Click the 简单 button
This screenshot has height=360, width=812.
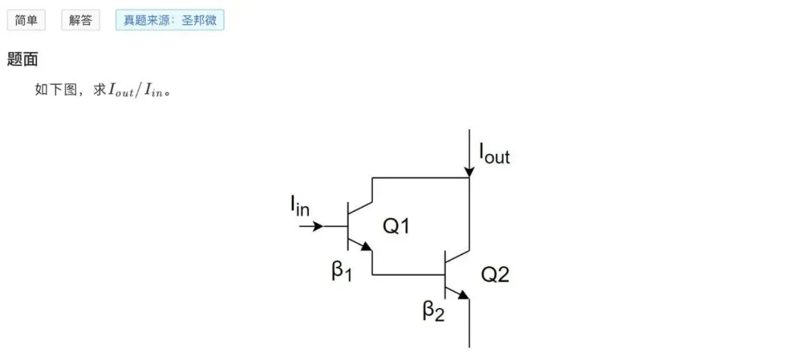pyautogui.click(x=26, y=20)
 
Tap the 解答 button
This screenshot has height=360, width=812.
pyautogui.click(x=80, y=20)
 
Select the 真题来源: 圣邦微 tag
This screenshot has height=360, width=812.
pyautogui.click(x=170, y=20)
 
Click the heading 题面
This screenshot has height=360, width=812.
pyautogui.click(x=23, y=59)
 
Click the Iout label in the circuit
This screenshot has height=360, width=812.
pyautogui.click(x=494, y=154)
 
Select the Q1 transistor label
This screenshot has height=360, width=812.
pyautogui.click(x=395, y=225)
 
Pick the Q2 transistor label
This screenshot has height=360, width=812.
pyautogui.click(x=495, y=274)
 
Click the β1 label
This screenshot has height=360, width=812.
pyautogui.click(x=341, y=271)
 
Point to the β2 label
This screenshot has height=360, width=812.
pyautogui.click(x=434, y=310)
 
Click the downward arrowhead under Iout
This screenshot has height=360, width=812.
pyautogui.click(x=468, y=171)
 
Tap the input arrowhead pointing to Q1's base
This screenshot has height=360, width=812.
pyautogui.click(x=317, y=226)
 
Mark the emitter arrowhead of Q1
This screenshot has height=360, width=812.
pyautogui.click(x=366, y=246)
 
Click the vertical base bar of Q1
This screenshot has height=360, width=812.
pyautogui.click(x=347, y=225)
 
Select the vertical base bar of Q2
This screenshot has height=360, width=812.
pyautogui.click(x=445, y=274)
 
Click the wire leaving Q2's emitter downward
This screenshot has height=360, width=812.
pyautogui.click(x=469, y=323)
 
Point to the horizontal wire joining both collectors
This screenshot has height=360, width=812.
pyautogui.click(x=420, y=178)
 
